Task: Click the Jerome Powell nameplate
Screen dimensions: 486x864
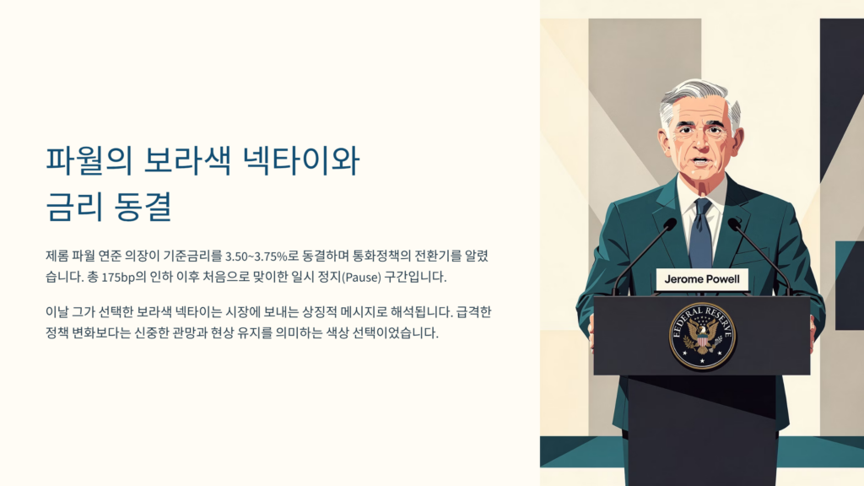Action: pyautogui.click(x=701, y=279)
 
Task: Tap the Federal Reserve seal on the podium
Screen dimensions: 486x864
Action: pyautogui.click(x=702, y=335)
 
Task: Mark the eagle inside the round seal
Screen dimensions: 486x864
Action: pyautogui.click(x=702, y=337)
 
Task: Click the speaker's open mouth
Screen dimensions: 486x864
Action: pyautogui.click(x=699, y=160)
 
